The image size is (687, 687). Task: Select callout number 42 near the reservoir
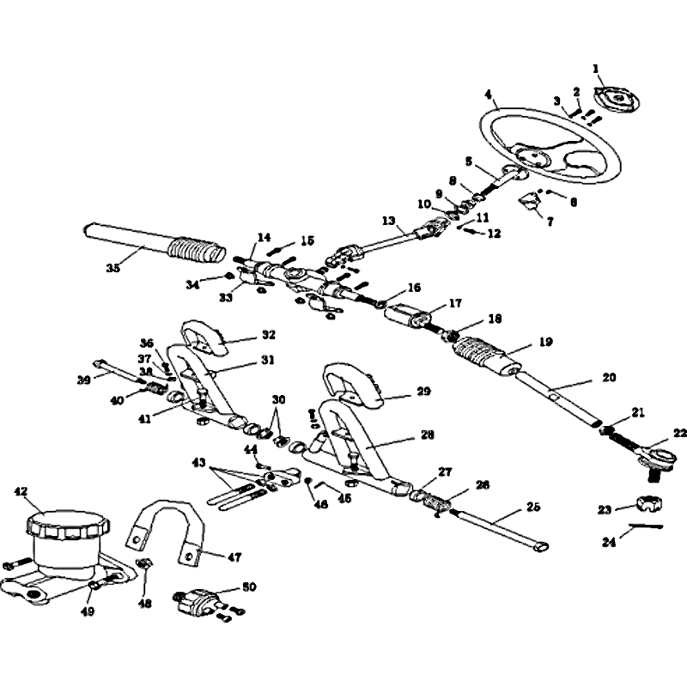pyautogui.click(x=21, y=491)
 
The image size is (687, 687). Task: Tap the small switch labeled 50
pyautogui.click(x=196, y=601)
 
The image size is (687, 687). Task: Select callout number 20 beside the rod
pyautogui.click(x=609, y=376)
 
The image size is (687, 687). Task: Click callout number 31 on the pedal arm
pyautogui.click(x=269, y=360)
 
